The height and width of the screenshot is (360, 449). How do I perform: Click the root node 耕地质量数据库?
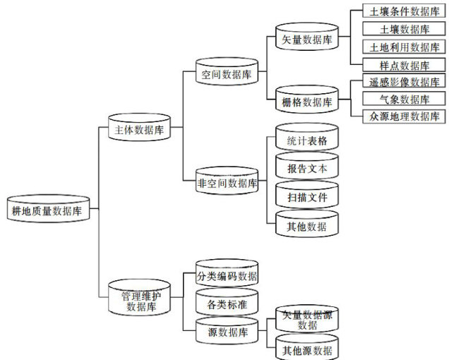[47, 210]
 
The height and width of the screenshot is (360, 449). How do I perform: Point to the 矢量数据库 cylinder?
[307, 38]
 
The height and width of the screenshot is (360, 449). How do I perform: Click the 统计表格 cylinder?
[307, 140]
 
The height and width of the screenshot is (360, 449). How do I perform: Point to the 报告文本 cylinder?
[307, 169]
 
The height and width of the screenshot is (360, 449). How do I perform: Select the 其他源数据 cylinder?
[307, 349]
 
